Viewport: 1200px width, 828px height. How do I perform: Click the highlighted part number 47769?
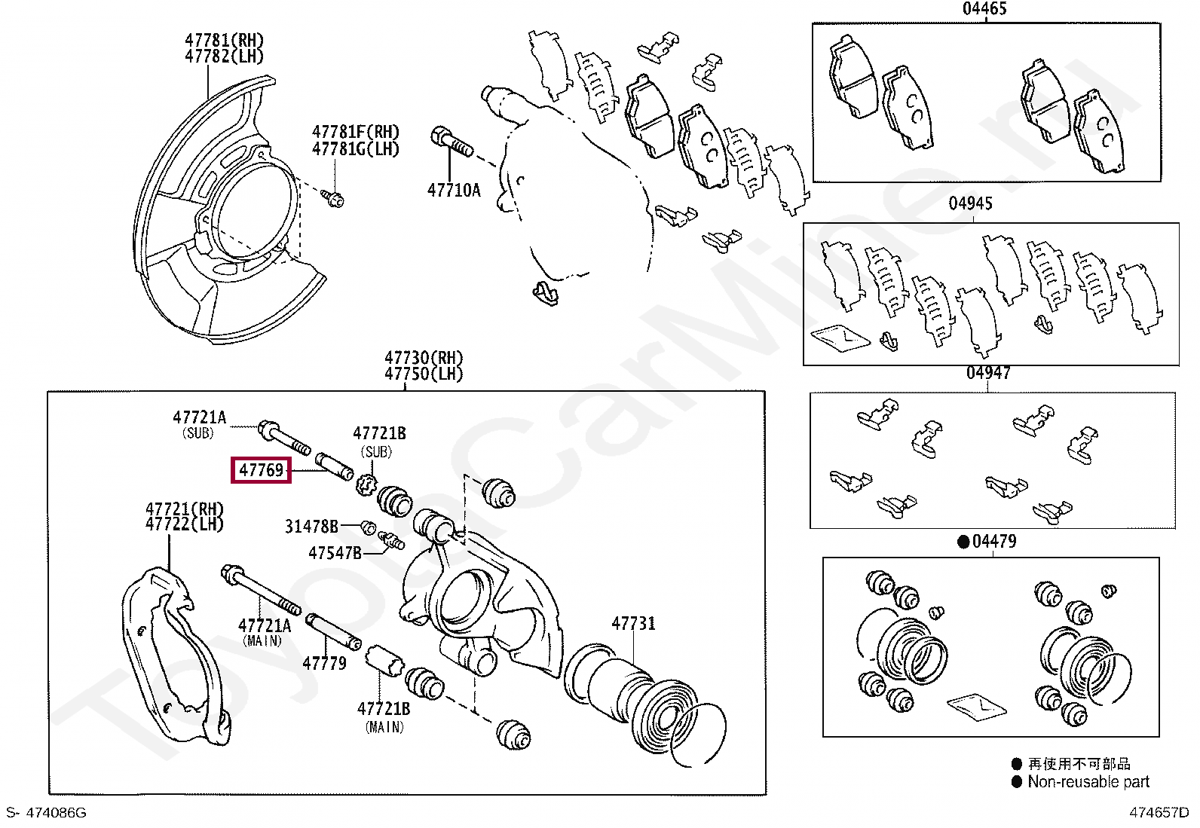261,470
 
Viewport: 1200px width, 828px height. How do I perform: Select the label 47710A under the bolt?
454,191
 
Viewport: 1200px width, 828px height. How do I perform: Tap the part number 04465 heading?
984,9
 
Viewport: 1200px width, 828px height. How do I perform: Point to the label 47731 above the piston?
633,624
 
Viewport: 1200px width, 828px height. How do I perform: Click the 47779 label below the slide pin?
324,664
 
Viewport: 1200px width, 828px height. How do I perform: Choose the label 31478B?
311,527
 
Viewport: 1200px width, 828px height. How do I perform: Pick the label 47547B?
335,553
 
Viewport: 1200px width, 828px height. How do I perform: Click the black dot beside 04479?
963,542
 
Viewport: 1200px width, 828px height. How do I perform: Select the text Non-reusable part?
1088,782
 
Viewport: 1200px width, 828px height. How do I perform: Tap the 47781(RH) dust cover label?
225,40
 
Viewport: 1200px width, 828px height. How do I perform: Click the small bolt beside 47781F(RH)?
332,198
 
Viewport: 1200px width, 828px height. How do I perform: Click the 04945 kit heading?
970,203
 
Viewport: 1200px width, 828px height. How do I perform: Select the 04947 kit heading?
988,373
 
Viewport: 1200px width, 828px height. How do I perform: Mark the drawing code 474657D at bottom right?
1159,813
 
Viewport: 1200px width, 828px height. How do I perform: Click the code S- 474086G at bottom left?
47,813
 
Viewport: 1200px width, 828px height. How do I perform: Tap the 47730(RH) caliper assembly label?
424,358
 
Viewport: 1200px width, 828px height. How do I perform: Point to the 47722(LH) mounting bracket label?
185,524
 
